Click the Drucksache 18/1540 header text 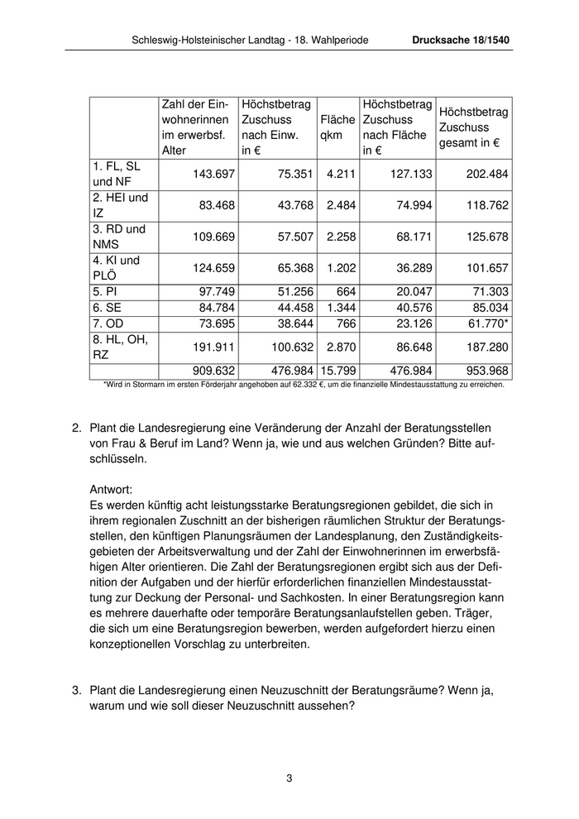click(462, 40)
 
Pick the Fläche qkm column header click(337, 127)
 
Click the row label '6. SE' click(108, 307)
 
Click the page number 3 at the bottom click(289, 778)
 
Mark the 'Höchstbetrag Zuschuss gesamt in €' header click(474, 127)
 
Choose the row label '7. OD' click(108, 323)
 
